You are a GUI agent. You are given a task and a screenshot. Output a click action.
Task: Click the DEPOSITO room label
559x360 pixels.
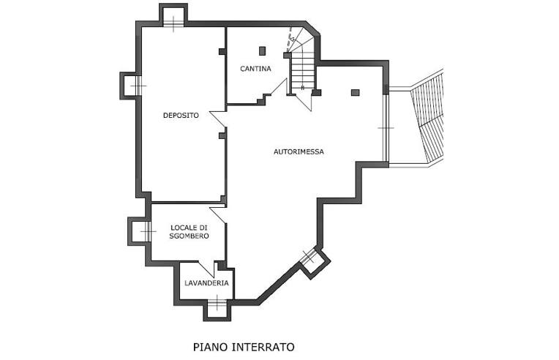point(181,116)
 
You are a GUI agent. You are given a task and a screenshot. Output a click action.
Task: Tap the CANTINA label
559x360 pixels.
point(255,69)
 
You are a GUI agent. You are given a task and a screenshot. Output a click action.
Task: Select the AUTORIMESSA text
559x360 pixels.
point(299,151)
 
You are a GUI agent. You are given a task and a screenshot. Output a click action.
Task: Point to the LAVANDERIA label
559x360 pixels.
point(206,282)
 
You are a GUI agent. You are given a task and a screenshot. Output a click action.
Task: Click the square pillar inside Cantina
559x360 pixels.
point(262,50)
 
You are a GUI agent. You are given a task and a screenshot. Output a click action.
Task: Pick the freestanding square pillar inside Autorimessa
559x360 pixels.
point(356,92)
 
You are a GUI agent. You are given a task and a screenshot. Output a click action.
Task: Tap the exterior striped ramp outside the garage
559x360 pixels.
point(429,117)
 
